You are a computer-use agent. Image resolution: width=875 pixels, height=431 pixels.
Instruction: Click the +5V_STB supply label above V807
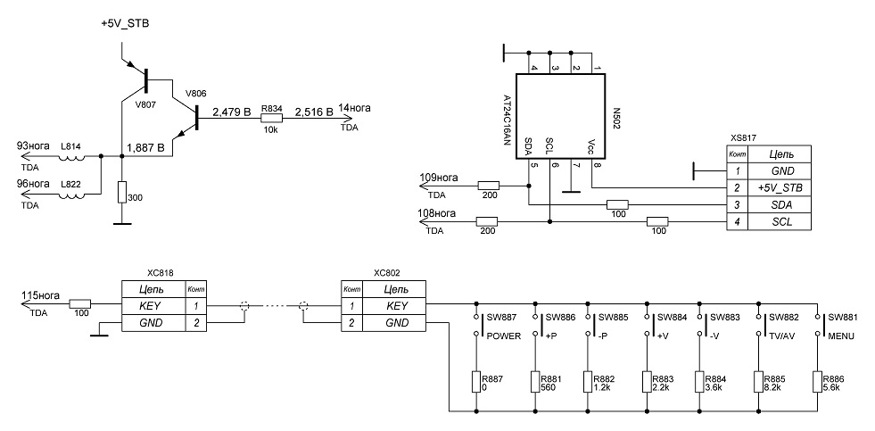point(125,24)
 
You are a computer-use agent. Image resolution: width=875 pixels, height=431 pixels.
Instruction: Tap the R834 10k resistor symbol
point(272,119)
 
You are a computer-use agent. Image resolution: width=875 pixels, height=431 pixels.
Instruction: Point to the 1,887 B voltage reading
point(145,148)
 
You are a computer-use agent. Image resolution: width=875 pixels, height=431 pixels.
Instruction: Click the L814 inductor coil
point(72,157)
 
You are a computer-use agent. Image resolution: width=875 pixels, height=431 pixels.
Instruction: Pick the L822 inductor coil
point(72,195)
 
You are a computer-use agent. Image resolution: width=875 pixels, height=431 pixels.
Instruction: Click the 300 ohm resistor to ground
point(122,193)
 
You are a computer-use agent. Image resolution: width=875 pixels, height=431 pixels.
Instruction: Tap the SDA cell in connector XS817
point(779,205)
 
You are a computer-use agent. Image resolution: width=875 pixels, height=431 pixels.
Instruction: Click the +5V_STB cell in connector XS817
point(779,187)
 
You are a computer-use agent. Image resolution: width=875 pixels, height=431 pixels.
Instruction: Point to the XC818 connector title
point(161,274)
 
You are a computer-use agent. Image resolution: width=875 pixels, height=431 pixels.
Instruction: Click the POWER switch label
point(504,336)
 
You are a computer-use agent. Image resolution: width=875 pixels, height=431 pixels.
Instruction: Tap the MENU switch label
point(839,336)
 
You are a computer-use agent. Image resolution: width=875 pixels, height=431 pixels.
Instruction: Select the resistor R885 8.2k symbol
point(759,383)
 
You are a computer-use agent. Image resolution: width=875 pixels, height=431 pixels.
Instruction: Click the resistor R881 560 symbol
point(535,383)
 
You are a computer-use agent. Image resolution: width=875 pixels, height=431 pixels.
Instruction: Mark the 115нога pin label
point(40,296)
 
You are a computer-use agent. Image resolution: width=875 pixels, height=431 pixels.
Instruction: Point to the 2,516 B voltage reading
point(314,112)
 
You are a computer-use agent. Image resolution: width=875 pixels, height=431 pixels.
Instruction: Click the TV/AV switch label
point(780,336)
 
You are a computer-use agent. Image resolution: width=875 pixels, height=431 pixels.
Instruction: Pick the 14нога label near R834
point(354,108)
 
